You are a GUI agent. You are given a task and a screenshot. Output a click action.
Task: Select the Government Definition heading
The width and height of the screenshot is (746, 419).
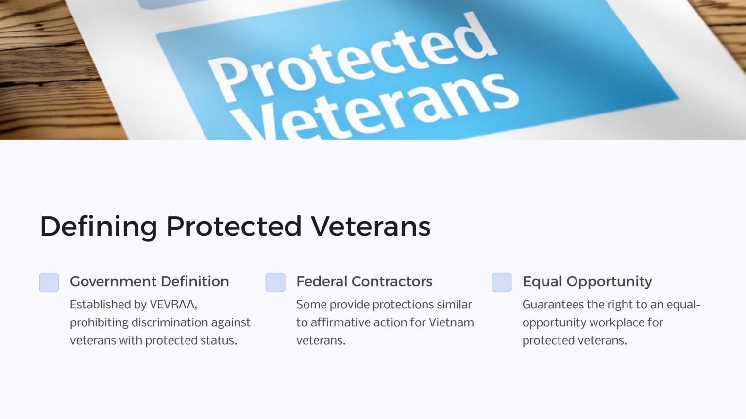pos(149,281)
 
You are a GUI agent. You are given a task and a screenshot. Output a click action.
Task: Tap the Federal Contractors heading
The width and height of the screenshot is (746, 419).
pos(364,281)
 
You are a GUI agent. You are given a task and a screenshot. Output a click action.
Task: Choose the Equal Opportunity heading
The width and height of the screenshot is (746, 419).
pos(587,281)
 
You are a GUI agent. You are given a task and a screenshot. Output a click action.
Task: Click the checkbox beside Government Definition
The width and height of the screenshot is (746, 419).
pos(49,282)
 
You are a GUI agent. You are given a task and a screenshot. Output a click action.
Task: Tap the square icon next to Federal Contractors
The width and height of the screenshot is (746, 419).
pos(275,282)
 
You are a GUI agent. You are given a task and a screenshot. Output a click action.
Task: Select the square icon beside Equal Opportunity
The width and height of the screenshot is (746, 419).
pos(502,282)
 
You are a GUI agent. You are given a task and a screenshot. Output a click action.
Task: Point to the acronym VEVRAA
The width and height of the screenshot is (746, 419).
pos(173,305)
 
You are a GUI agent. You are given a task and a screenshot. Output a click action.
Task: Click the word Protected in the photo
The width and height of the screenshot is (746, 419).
pos(350,58)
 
